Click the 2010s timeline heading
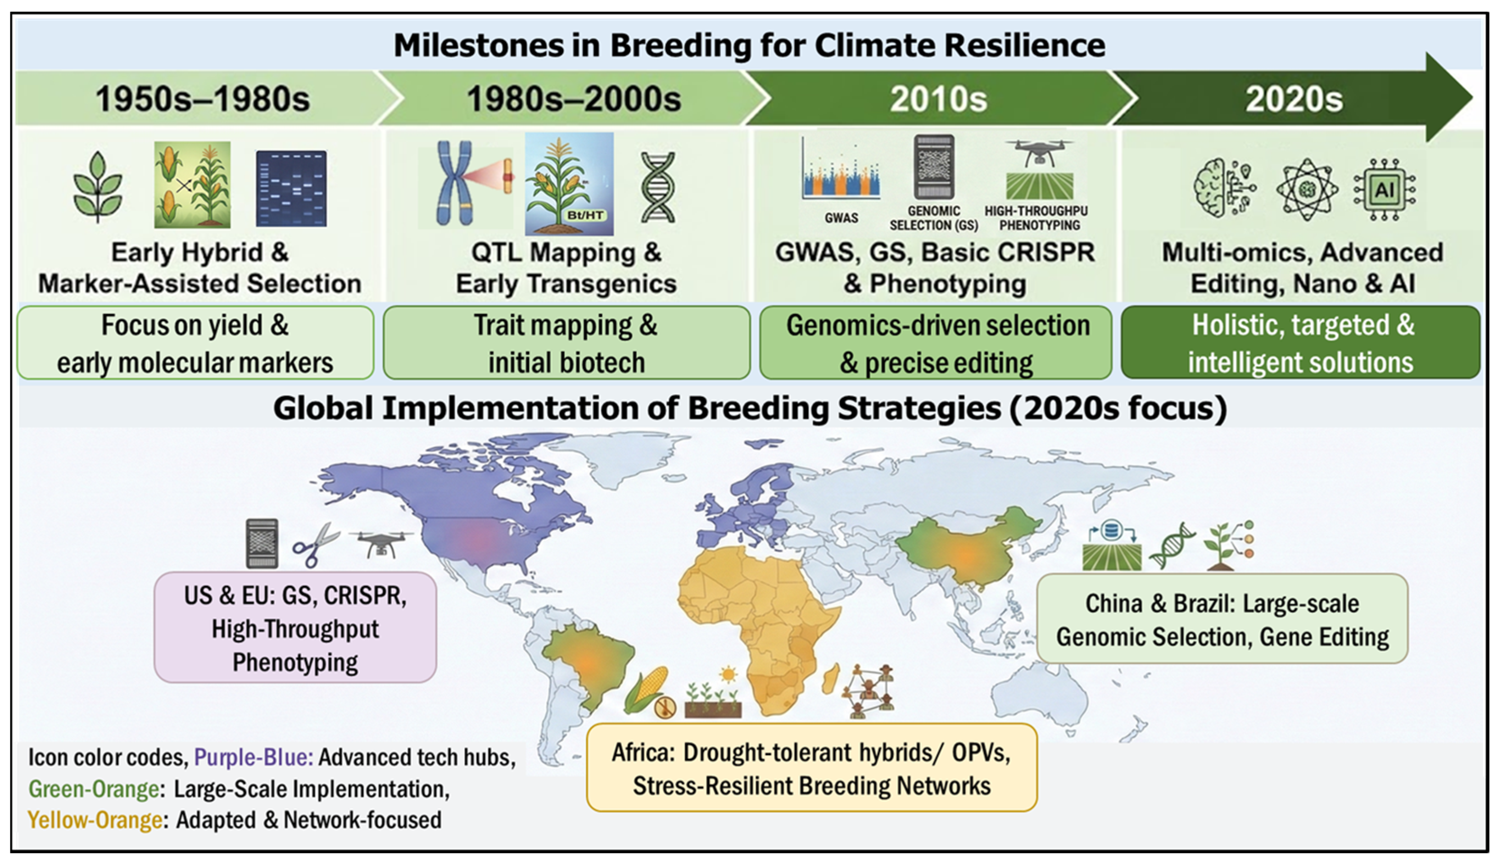(938, 99)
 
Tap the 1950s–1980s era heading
(202, 99)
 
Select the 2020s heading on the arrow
(1294, 99)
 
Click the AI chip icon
(1385, 190)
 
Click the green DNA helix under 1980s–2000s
(658, 187)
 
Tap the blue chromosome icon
(455, 183)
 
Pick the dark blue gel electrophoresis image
(291, 189)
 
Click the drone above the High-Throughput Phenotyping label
(1040, 153)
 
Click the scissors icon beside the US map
(316, 544)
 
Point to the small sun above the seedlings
(728, 674)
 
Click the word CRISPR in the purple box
(365, 596)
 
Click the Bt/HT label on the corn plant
(585, 215)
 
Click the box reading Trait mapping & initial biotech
(566, 342)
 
